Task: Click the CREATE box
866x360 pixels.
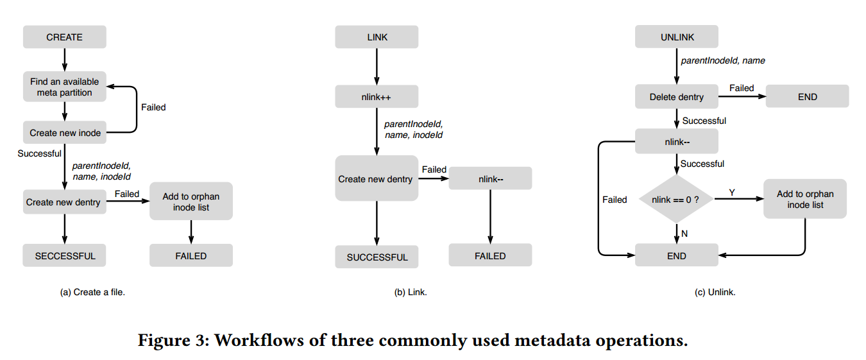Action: pos(65,37)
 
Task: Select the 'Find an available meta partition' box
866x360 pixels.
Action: pos(65,87)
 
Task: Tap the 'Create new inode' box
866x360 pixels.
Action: pos(65,133)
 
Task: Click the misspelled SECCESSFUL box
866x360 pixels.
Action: pos(64,255)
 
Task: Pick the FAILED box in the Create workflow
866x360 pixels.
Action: pos(191,255)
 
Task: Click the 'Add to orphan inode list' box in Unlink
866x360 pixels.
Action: pos(805,199)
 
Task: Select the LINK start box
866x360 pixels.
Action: pos(377,37)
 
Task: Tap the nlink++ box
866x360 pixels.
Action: pos(377,97)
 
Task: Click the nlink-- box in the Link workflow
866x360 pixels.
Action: pos(490,178)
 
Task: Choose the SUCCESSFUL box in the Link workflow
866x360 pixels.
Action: pos(377,257)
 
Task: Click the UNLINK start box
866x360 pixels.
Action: pos(677,37)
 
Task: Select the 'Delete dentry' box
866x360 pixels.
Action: pos(677,96)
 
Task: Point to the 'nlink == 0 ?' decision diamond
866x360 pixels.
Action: pos(676,199)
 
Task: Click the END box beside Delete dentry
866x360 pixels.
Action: pos(807,96)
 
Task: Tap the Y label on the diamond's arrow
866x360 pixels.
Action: pos(732,192)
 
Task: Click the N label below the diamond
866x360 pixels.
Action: pos(684,234)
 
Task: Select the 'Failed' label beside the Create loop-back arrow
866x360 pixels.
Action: pos(153,107)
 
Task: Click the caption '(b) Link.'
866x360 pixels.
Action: pos(411,292)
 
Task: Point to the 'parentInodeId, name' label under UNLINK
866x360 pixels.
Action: pos(723,60)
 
